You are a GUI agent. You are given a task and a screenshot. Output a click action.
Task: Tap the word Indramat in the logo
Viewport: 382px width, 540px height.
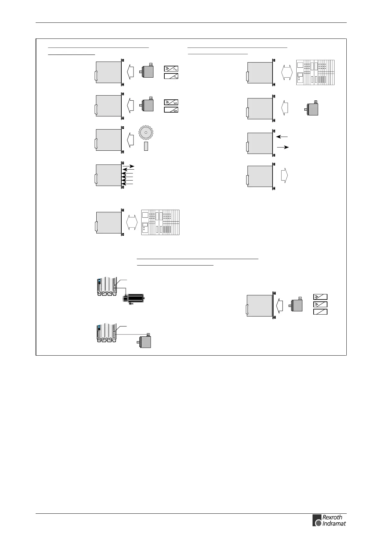point(334,524)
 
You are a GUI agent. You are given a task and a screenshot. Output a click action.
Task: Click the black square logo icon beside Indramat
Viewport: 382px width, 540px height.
point(317,520)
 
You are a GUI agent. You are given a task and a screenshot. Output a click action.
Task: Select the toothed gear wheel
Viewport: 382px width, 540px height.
point(146,132)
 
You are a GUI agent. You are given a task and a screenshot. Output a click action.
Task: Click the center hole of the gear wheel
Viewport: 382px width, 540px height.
point(146,132)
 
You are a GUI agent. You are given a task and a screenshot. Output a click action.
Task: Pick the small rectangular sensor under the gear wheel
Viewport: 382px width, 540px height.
point(146,146)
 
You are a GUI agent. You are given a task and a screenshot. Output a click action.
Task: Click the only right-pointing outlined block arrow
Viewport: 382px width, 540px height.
point(284,175)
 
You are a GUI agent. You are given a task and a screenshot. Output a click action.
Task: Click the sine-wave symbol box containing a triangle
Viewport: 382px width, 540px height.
point(171,69)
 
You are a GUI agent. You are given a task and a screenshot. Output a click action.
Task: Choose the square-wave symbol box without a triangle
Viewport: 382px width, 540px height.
point(171,110)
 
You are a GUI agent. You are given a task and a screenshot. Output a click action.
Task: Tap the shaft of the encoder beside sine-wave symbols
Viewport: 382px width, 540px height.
point(141,72)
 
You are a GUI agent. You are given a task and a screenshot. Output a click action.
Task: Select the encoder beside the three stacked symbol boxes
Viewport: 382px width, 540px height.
point(296,305)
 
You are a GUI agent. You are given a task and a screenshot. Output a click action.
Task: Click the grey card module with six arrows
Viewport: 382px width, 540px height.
point(109,175)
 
